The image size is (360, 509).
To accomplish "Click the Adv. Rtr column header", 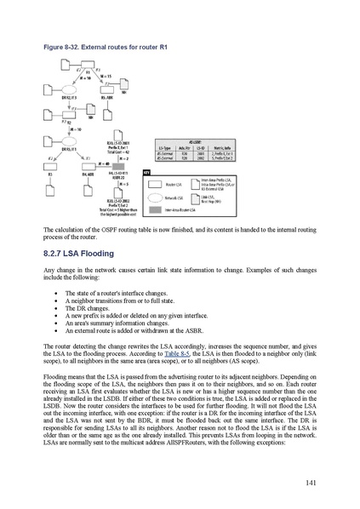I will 194,147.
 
